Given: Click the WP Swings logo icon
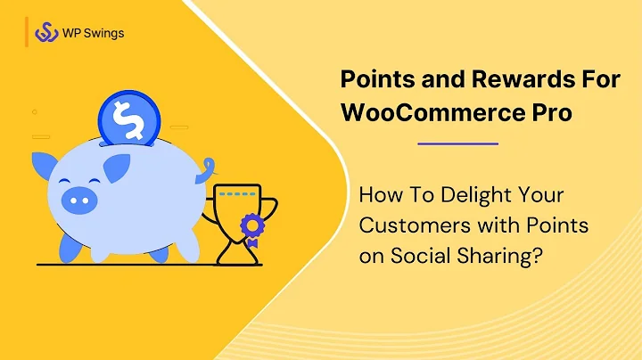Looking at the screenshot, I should click(x=46, y=33).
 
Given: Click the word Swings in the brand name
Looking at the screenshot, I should click(x=103, y=34).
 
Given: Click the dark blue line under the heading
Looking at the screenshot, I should click(x=457, y=143).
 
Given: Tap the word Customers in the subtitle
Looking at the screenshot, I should click(x=398, y=225).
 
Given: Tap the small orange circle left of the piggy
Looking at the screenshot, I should click(x=35, y=111).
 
